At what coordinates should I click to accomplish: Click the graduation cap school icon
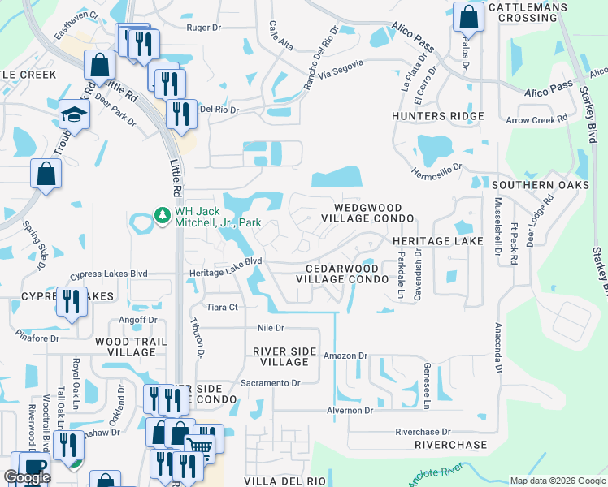(74, 114)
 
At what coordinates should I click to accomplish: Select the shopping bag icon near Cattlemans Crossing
(468, 15)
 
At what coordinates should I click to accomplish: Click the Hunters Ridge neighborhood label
(437, 116)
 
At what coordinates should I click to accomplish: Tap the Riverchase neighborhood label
(450, 445)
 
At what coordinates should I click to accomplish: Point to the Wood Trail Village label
(124, 347)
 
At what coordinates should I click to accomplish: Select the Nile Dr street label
(269, 329)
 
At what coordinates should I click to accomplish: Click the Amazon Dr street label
(345, 356)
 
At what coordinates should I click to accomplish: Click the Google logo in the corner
(27, 477)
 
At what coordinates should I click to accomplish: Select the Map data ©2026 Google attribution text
(557, 481)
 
